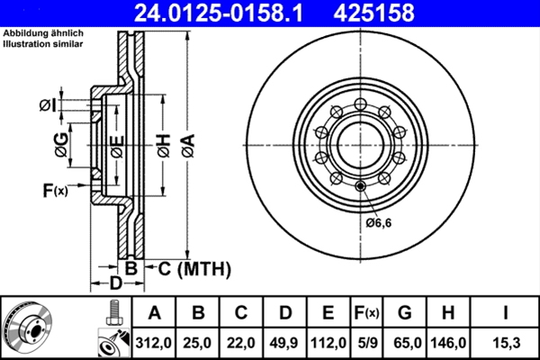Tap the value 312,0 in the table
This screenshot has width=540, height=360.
pos(155,343)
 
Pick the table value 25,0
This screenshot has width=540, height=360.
pos(199,343)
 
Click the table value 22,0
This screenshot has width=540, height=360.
pos(242,343)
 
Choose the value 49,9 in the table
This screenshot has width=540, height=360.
pos(285,343)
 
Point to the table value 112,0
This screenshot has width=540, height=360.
pos(328,343)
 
